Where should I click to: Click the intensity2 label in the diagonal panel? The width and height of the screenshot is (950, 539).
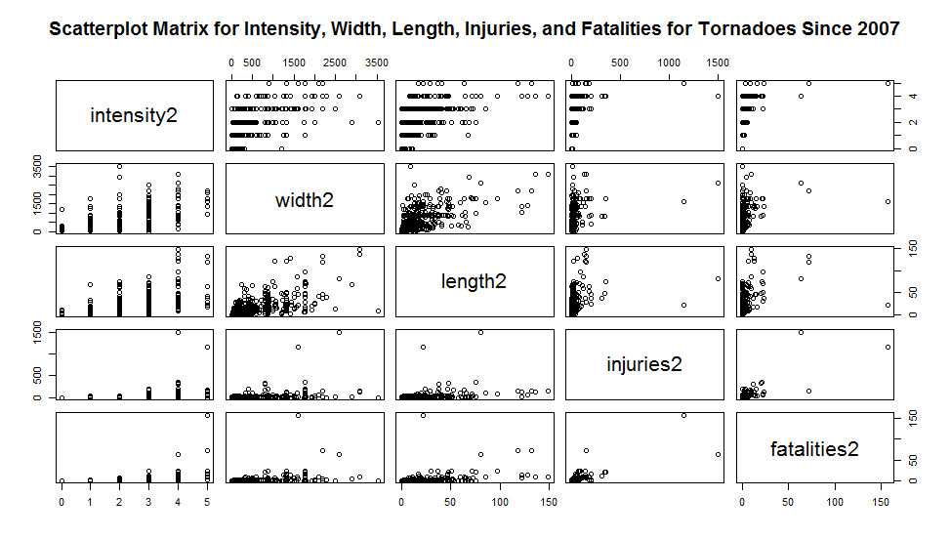coord(134,116)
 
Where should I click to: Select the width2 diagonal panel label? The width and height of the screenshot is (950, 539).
coord(304,200)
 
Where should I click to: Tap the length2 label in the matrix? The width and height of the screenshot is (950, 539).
coord(474,281)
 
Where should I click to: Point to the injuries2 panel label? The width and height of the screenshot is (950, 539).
coord(643,364)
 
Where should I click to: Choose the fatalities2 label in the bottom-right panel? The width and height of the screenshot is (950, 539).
coord(814,448)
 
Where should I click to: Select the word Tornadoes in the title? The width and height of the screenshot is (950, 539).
coord(746,29)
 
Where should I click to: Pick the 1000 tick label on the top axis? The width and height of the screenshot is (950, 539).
coord(670,63)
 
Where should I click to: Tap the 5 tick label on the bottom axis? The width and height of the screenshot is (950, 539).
coord(208,502)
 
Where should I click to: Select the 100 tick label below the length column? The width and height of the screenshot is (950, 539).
coord(500,502)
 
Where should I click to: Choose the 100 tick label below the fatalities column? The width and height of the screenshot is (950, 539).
coord(835,502)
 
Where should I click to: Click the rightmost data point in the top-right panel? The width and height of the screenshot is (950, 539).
coord(888,83)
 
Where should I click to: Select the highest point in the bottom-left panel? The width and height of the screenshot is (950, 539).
coord(208,415)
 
